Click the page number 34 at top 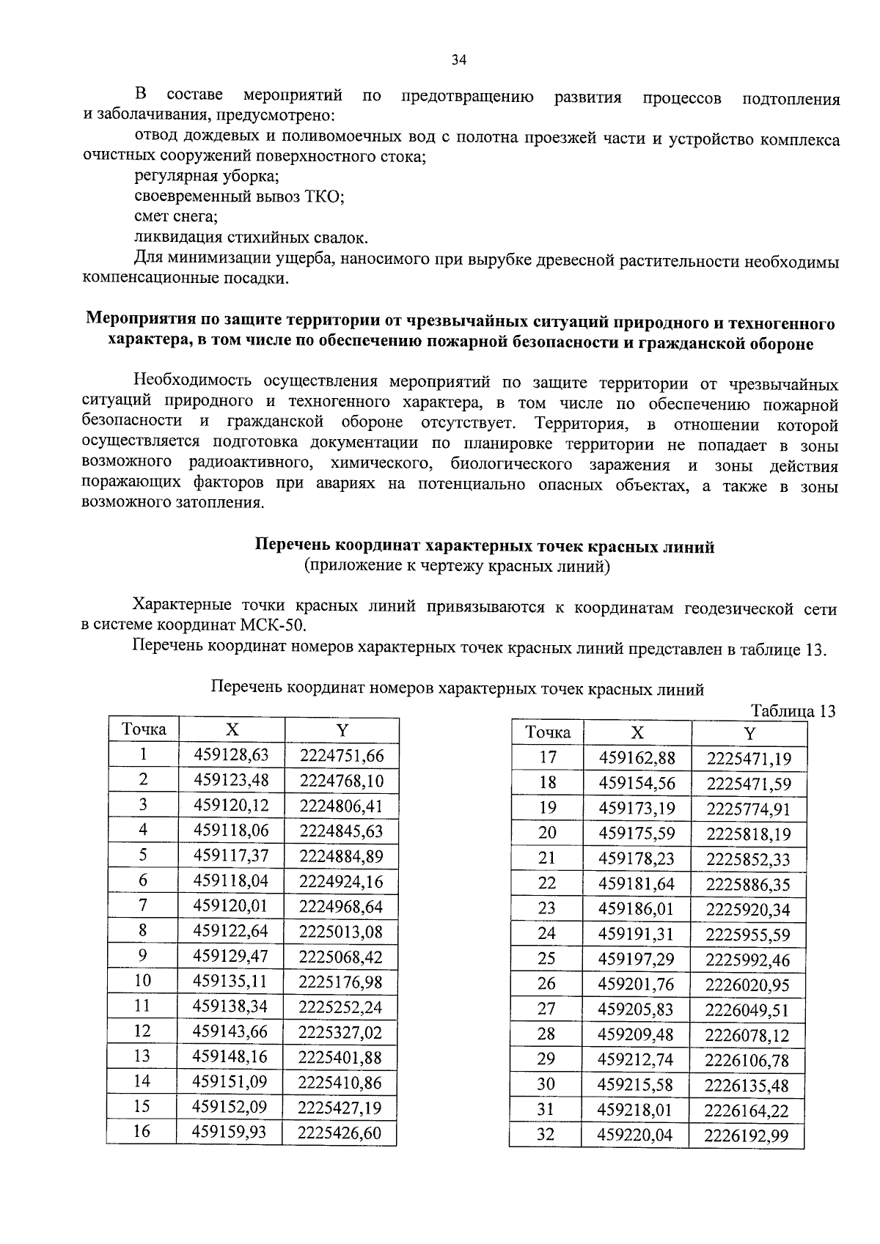(458, 61)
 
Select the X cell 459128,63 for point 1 (231, 755)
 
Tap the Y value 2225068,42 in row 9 (341, 957)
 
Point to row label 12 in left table (142, 1031)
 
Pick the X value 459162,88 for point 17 (637, 758)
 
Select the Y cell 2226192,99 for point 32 (747, 1136)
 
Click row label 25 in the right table (546, 959)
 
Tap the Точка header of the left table (144, 729)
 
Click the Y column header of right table (749, 733)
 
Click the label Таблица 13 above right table (793, 711)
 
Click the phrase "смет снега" (176, 217)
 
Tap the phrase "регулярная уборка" (206, 177)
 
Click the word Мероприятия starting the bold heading (137, 321)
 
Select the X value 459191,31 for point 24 (637, 934)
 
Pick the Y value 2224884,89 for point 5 (341, 856)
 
